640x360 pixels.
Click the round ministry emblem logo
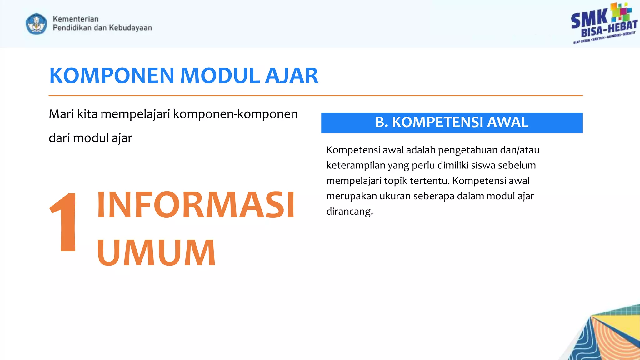coord(37,24)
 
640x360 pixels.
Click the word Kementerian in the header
coord(76,19)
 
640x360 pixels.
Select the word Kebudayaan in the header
coord(130,28)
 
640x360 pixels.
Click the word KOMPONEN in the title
coord(112,76)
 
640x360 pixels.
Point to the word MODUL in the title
coord(220,76)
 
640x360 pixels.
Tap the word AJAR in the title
coord(292,76)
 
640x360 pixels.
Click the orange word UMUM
coord(156,252)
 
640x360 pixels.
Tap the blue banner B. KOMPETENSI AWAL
coord(452,122)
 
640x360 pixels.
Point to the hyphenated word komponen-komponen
coord(235,114)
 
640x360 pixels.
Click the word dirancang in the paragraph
coord(349,212)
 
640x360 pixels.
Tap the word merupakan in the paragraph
coord(352,196)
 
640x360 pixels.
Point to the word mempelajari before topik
coord(354,181)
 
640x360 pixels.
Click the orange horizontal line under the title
coord(316,95)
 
